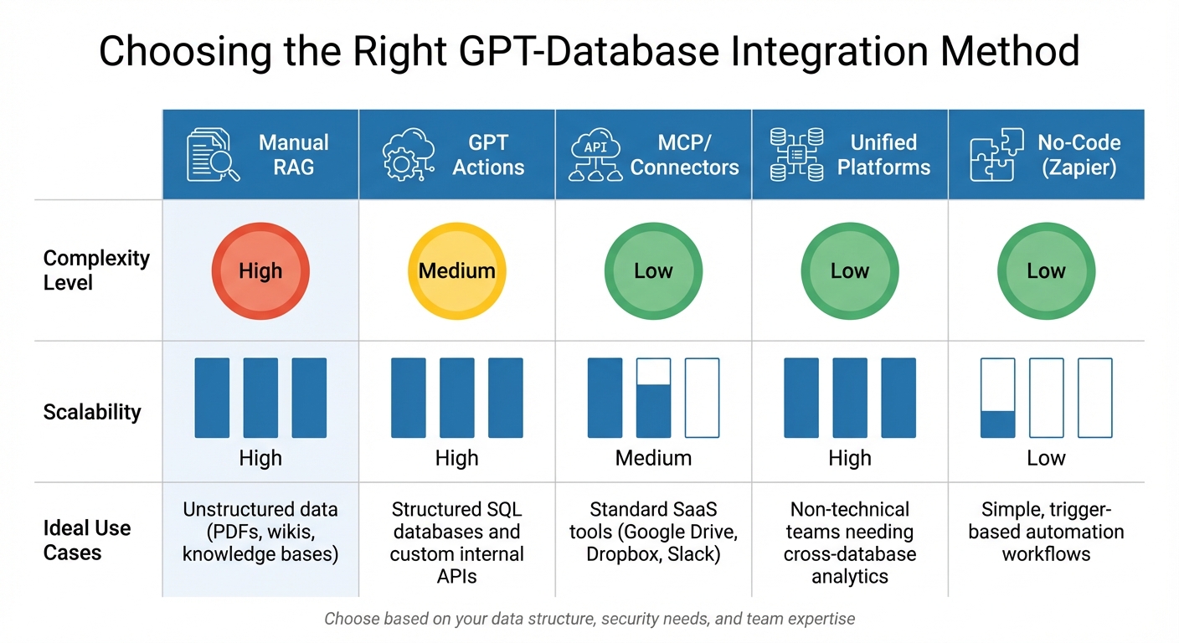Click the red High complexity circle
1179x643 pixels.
coord(260,271)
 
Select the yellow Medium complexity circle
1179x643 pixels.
coord(457,271)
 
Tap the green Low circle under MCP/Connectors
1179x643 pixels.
coord(653,271)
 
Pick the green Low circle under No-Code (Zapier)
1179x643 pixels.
coord(1046,271)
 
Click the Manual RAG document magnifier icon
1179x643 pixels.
coord(212,154)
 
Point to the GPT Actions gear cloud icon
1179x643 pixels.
coord(408,154)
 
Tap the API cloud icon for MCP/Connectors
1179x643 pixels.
coord(595,154)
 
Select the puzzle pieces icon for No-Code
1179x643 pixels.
coord(996,154)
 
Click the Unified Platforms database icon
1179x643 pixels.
coord(795,154)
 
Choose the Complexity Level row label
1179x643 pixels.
coord(95,270)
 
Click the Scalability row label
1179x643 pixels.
coord(92,412)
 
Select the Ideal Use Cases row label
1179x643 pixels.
coord(87,540)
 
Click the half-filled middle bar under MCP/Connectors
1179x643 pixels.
coord(653,399)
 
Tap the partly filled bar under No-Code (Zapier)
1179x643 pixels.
coord(997,399)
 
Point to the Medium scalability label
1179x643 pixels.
coord(653,458)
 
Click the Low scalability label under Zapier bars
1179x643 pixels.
coord(1046,458)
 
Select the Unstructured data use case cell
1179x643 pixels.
coord(260,532)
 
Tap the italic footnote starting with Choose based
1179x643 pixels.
coord(589,620)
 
